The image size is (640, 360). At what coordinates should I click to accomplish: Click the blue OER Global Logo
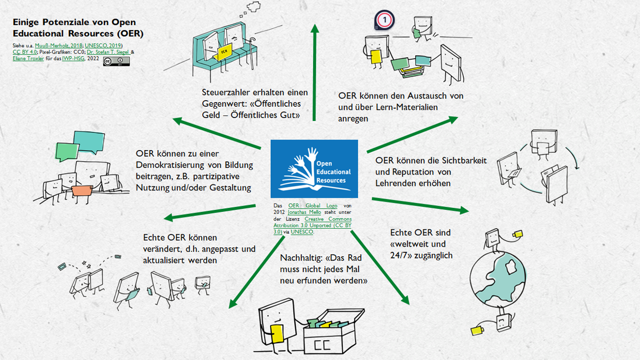coord(314,169)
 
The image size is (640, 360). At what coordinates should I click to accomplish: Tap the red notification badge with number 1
coord(385,20)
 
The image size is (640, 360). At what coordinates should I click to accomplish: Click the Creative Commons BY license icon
coord(116,61)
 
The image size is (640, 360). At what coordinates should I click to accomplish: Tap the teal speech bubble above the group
coord(88,139)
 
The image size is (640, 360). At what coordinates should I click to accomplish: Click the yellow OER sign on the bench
coord(224,53)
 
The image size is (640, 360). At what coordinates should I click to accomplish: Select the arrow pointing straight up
coord(315,71)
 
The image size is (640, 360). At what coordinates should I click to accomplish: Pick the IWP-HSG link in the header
coord(74,58)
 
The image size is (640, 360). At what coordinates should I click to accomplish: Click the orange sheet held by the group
coord(82,190)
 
